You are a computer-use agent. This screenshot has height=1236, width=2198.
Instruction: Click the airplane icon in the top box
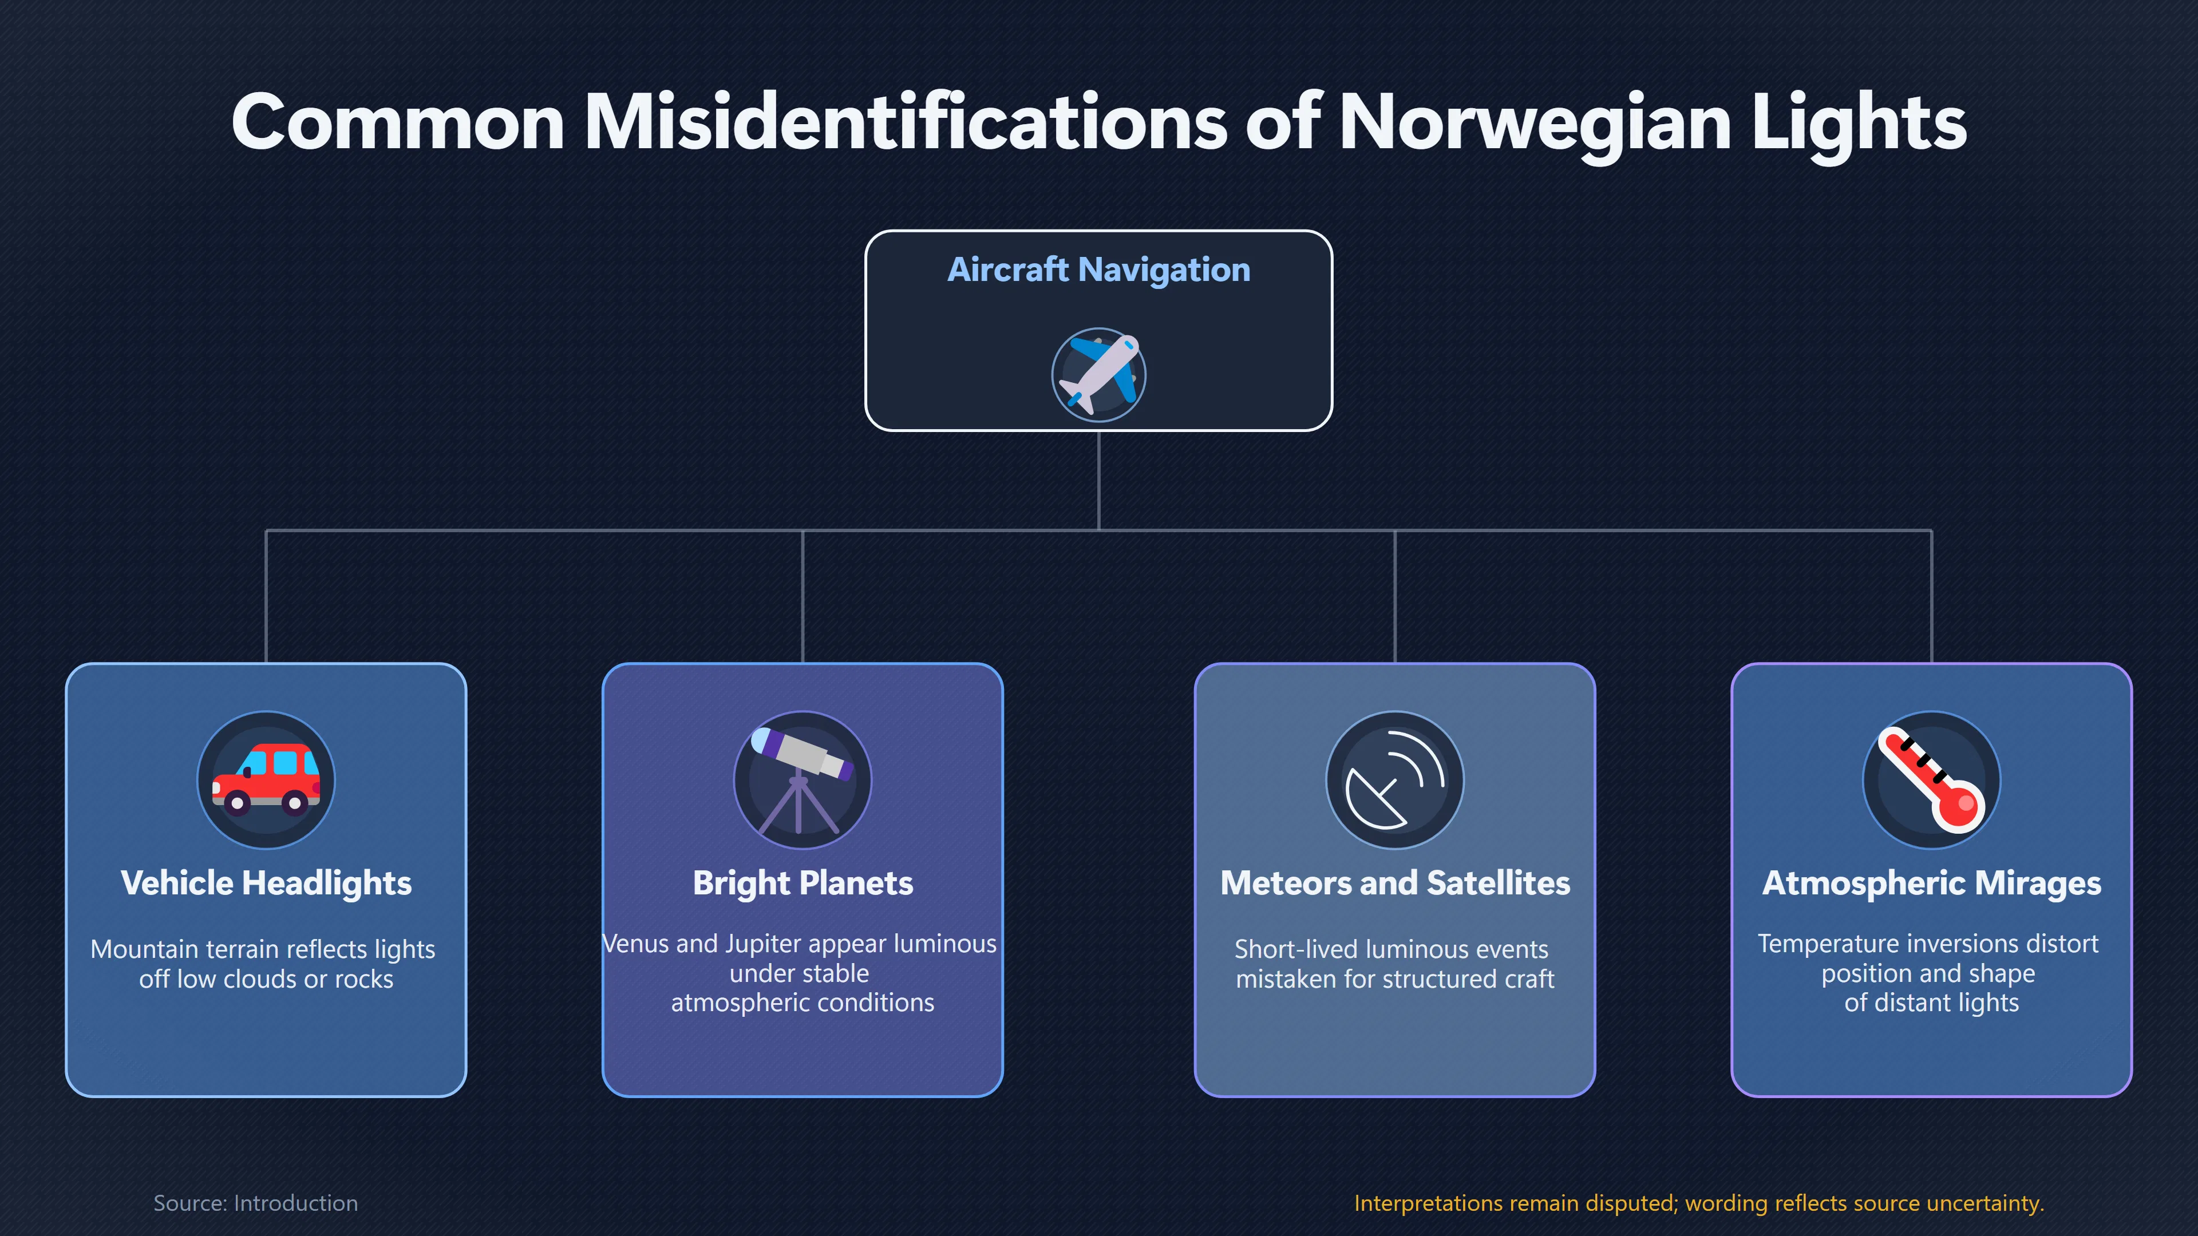1098,374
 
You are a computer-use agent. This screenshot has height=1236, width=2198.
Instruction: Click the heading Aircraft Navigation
1099,270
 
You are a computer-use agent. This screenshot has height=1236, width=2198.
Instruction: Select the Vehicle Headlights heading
266,884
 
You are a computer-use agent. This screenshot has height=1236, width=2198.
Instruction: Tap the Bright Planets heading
803,883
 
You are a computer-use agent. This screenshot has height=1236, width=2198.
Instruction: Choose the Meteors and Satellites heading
1395,883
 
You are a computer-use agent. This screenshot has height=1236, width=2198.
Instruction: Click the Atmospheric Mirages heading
1932,884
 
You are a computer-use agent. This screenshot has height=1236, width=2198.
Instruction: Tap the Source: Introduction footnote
255,1203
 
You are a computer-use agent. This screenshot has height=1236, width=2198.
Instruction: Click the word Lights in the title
1859,123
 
